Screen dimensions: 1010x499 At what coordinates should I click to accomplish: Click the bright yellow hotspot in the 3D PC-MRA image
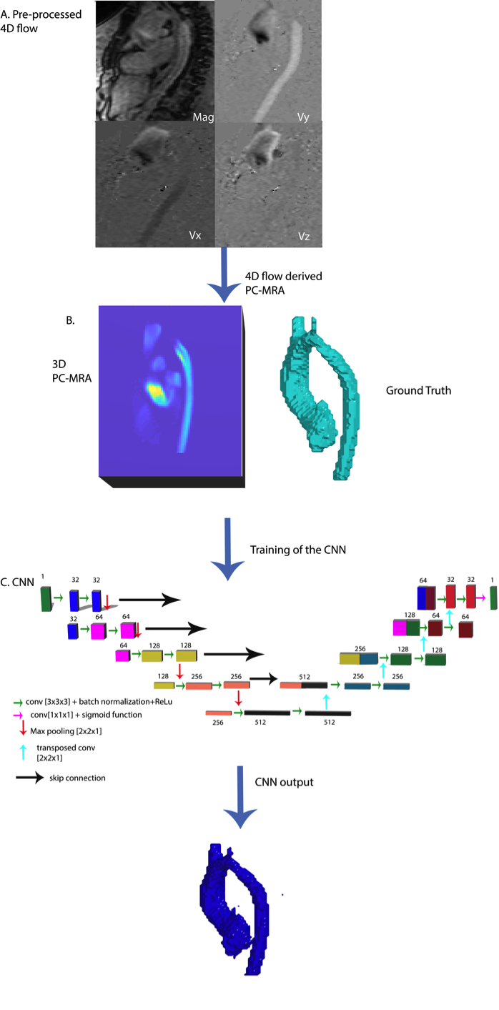[x=156, y=390]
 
